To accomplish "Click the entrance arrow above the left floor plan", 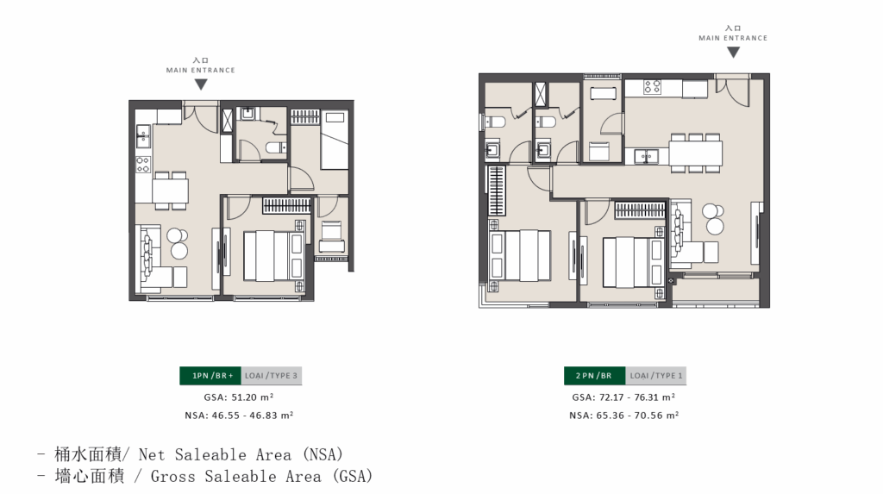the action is [201, 84].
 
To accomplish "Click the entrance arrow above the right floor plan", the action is [733, 53].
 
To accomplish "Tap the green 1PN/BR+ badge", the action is [210, 376].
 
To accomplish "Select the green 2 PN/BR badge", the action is [594, 376].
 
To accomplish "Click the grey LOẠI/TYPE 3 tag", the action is [272, 376].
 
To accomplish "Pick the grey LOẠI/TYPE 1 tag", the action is [655, 376].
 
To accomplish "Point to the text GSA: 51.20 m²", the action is [239, 397].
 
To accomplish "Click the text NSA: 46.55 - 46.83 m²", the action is [239, 416].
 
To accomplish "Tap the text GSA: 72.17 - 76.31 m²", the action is [624, 397].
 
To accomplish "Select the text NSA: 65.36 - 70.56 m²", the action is [624, 416].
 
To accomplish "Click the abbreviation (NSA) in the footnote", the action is [323, 454].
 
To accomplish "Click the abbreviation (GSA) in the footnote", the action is [353, 476].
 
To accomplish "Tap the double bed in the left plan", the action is [274, 256].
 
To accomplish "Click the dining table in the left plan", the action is [170, 191].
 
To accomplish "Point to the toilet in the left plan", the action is [275, 148].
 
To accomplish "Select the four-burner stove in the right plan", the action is [653, 87].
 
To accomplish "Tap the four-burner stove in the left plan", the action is [143, 165].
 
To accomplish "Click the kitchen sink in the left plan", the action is [143, 135].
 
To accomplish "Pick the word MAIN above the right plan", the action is [709, 38].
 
